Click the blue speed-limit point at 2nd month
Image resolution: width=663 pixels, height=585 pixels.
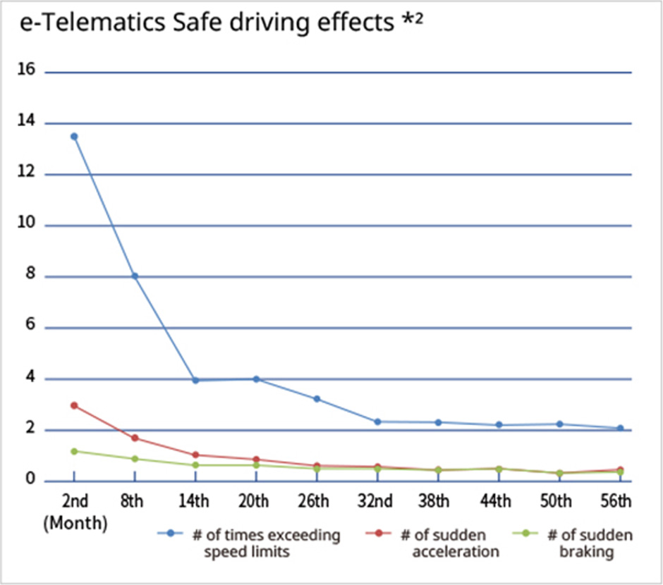point(74,136)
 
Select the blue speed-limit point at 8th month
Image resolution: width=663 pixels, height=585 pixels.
point(134,276)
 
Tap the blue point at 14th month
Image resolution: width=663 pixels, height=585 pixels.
point(195,381)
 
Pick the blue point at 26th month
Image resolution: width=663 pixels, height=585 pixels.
point(317,399)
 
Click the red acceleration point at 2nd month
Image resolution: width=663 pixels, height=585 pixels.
point(74,405)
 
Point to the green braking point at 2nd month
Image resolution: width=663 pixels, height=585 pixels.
point(74,451)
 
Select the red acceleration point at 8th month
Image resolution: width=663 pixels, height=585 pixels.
point(134,438)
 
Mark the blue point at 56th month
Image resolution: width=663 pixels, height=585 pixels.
point(620,428)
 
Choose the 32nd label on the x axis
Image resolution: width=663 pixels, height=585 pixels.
point(375,501)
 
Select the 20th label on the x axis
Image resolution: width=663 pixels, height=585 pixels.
point(254,501)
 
